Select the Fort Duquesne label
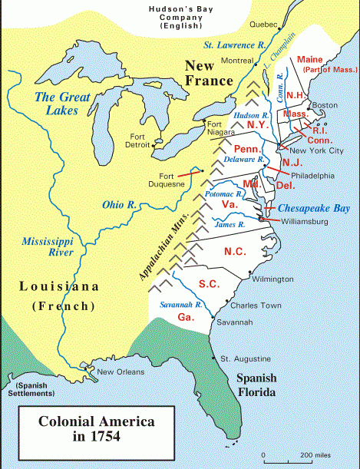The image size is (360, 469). click(x=167, y=180)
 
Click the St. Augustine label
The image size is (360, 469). click(x=245, y=359)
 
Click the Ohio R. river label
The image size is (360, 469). click(x=119, y=205)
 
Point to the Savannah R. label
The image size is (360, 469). click(x=180, y=305)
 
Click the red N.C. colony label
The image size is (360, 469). click(x=236, y=252)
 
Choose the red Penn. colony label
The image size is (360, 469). click(x=249, y=147)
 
